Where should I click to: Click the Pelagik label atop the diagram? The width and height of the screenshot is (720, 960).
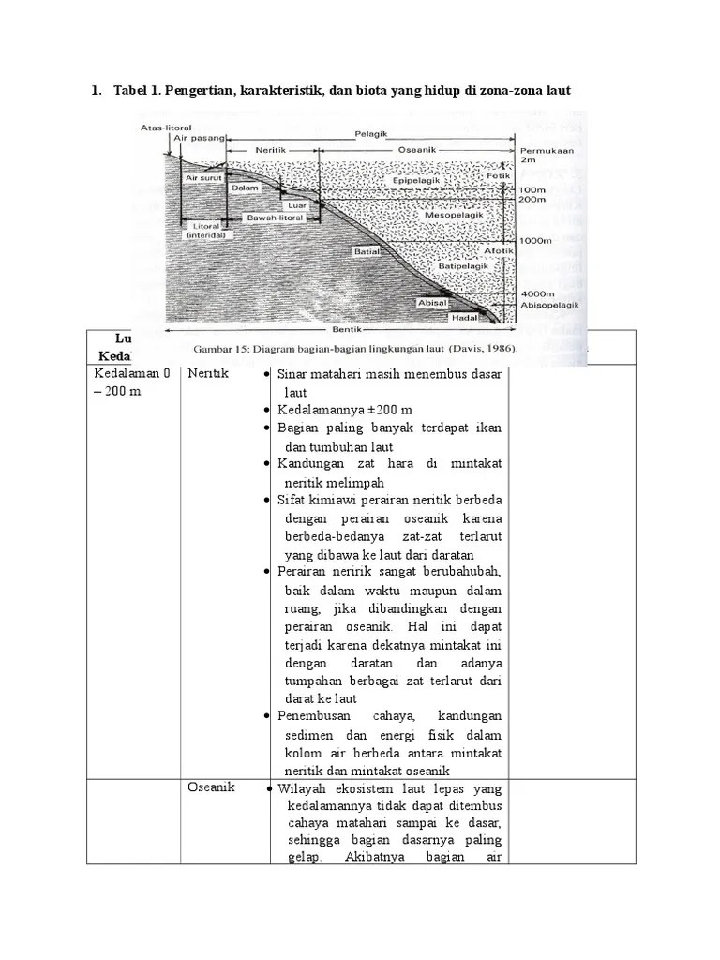point(369,134)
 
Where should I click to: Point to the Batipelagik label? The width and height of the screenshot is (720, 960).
point(460,266)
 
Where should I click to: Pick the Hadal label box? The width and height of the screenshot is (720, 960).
point(465,318)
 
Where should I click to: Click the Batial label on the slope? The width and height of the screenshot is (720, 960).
point(367,251)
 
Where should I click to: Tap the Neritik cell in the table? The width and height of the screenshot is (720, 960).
point(208,373)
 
